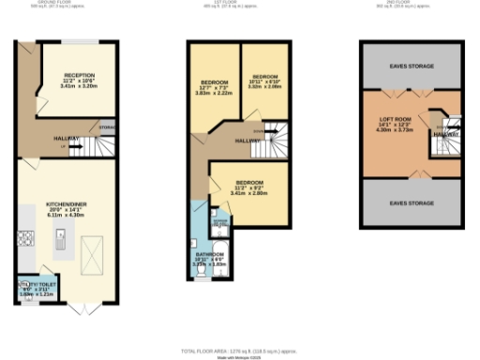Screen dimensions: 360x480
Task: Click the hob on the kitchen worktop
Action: point(25,246)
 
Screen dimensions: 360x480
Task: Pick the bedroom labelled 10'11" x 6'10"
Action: point(265,82)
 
